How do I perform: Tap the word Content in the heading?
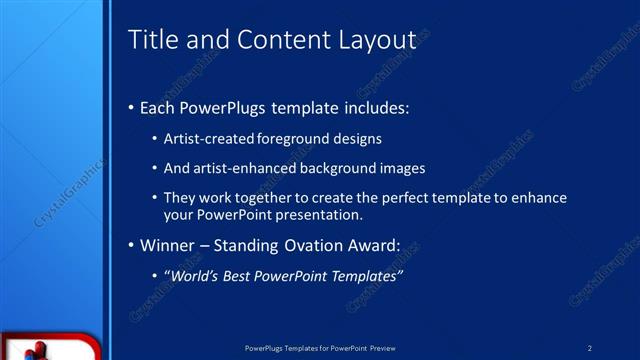[x=275, y=40]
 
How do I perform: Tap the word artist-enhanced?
[x=239, y=168]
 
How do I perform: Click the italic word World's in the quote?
[x=195, y=275]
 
